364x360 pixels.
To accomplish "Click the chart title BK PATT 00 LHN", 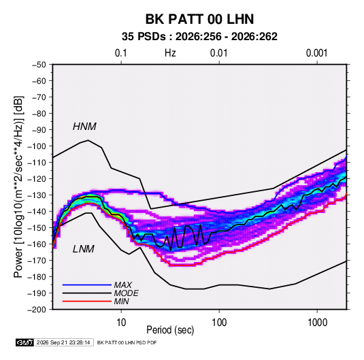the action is tap(199, 19).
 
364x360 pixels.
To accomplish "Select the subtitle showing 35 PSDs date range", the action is tap(199, 37).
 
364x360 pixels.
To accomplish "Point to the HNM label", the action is tap(84, 127).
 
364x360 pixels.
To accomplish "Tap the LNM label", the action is tap(84, 249).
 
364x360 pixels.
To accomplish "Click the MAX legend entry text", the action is tap(123, 285).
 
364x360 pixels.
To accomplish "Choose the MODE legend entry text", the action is tap(127, 293).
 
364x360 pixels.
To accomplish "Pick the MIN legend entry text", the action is tap(121, 301).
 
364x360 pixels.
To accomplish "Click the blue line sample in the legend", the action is tap(87, 285).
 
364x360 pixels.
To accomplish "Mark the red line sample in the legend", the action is tap(87, 301).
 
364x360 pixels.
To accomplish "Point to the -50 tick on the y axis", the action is tap(39, 65).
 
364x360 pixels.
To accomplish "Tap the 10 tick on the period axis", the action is tap(121, 323).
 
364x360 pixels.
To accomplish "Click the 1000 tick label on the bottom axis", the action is tap(317, 323).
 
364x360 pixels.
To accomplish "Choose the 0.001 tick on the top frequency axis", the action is tap(316, 53).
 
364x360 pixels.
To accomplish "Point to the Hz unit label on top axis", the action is tap(170, 53).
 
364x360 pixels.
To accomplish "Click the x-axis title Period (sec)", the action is tap(170, 330).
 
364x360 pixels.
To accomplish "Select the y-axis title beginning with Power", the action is tap(18, 187).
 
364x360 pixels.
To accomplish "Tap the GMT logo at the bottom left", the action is tap(25, 342).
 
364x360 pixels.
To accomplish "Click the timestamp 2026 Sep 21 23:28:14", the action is tap(63, 342).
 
